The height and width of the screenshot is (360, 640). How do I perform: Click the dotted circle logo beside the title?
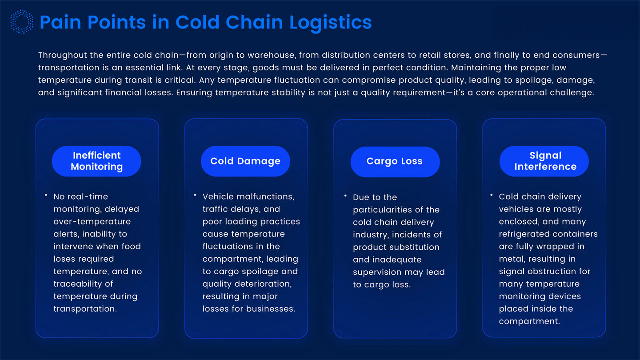tap(21, 22)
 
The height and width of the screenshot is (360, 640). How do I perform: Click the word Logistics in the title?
tap(331, 22)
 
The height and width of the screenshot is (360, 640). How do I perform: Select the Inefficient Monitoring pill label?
tap(96, 161)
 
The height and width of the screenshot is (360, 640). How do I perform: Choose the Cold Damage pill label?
tap(245, 161)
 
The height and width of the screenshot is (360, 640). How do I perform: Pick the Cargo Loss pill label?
tap(395, 161)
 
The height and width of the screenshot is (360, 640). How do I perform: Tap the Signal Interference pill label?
tap(545, 161)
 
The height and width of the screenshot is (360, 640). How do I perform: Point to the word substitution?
tap(414, 247)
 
